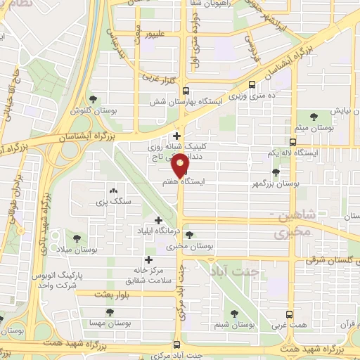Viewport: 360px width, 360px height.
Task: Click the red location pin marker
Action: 181,165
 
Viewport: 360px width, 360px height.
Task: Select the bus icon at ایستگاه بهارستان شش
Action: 186,91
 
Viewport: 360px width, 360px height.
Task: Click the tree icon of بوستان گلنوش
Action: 93,99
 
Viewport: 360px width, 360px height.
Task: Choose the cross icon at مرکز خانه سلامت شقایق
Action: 148,259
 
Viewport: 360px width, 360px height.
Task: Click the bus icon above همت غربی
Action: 288,316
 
